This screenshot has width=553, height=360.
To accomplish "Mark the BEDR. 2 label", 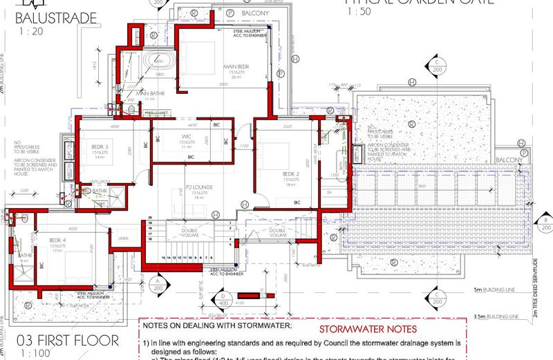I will tap(289, 173).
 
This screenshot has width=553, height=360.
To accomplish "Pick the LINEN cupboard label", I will tap(124, 238).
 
